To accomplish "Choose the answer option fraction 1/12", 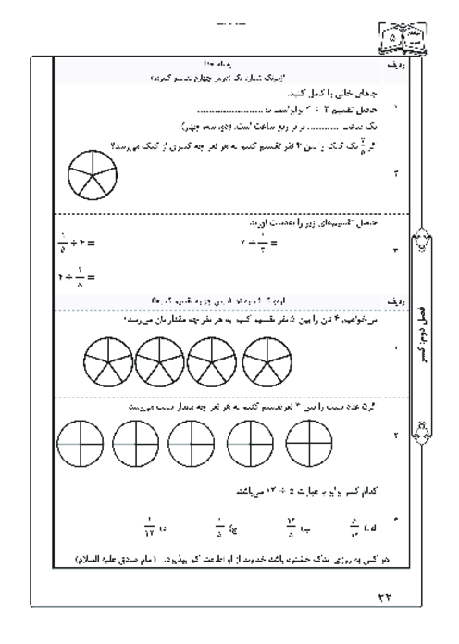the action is point(146,531).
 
